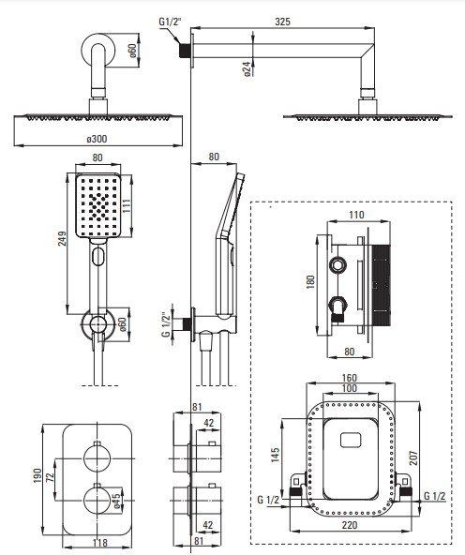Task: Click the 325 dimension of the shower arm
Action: click(282, 22)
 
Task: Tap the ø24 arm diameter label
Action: click(247, 68)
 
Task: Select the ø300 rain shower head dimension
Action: click(97, 139)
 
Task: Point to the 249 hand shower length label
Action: click(62, 238)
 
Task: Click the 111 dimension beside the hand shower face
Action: click(127, 205)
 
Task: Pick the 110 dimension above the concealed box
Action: click(356, 215)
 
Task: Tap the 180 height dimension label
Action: click(310, 282)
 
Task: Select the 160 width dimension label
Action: click(350, 378)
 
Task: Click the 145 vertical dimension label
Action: click(275, 455)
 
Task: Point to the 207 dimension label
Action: click(413, 457)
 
